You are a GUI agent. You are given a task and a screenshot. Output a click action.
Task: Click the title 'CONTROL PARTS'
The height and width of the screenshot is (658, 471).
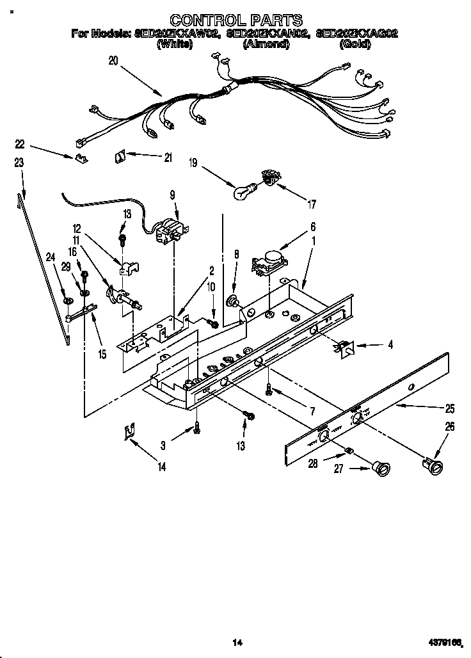[x=235, y=20]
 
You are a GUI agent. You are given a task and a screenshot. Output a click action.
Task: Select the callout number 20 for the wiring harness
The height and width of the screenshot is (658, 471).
[x=113, y=61]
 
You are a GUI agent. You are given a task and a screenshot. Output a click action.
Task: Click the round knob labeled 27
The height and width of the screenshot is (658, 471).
[x=381, y=469]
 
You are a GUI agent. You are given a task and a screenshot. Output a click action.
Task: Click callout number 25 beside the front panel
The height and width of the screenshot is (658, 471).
[x=450, y=408]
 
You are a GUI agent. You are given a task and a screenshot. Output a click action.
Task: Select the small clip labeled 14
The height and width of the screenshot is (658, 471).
[x=129, y=433]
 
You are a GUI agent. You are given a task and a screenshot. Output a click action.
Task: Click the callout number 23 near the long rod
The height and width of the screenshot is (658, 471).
[x=19, y=163]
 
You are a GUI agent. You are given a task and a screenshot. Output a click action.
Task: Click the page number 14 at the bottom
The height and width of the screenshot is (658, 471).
[x=236, y=641]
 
